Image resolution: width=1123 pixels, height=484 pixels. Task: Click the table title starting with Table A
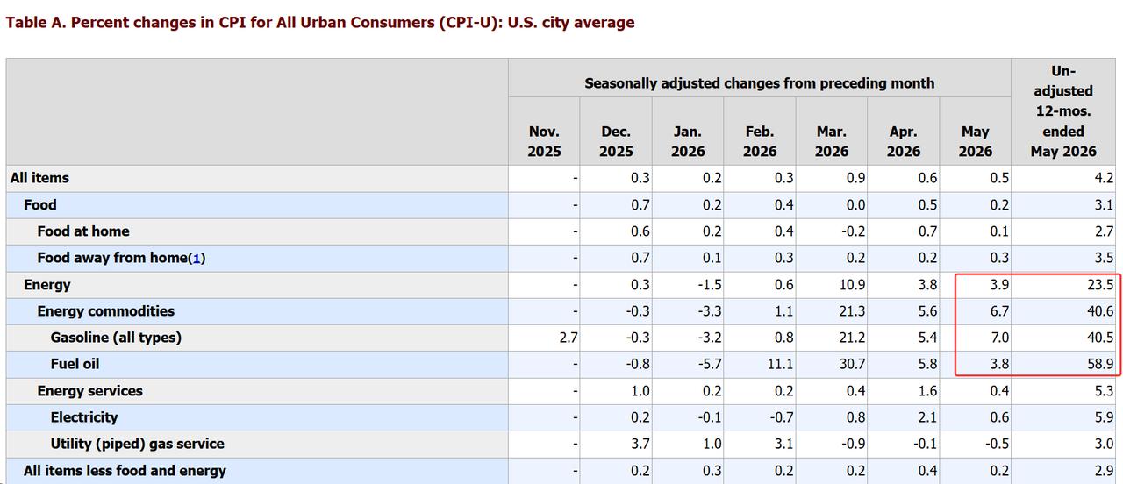(320, 23)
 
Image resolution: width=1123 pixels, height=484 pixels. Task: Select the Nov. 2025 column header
(544, 141)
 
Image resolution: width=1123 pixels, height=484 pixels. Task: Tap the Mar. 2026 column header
(831, 141)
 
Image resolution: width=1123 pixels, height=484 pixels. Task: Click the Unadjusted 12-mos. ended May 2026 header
(1063, 111)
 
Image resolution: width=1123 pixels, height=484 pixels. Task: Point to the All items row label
(39, 178)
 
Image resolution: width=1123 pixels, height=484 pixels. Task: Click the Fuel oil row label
(75, 364)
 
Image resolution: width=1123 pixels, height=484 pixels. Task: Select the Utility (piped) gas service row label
(138, 444)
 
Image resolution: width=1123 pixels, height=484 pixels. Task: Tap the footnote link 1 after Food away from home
(197, 259)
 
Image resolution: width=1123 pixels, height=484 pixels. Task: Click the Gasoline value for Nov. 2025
(569, 338)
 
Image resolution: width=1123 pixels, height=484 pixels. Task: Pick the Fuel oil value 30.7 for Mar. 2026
(851, 364)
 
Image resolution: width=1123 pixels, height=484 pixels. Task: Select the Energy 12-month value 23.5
(1100, 285)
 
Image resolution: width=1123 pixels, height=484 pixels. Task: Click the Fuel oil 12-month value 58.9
(1100, 364)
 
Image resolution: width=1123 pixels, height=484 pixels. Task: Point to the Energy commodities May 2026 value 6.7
(999, 311)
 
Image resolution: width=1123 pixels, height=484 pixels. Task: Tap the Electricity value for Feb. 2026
(781, 417)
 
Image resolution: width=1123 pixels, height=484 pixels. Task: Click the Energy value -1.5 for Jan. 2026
(710, 285)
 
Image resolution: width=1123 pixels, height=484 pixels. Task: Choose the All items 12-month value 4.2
(1104, 178)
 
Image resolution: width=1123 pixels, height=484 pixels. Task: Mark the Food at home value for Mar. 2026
(854, 231)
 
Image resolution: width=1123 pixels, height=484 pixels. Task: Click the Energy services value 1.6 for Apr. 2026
(927, 391)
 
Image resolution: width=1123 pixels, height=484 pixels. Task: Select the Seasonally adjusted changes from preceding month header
(760, 83)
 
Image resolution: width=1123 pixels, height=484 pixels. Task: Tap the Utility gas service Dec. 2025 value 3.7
(640, 444)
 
